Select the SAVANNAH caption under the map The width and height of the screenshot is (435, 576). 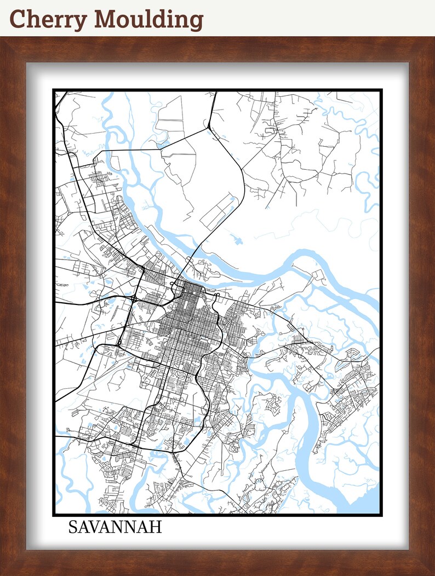(x=115, y=527)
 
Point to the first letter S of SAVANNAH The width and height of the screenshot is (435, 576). (x=73, y=527)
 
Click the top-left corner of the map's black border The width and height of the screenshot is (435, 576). (x=54, y=90)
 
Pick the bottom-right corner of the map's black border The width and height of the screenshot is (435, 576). (x=381, y=515)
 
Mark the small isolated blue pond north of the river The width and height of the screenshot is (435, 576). (x=237, y=239)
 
